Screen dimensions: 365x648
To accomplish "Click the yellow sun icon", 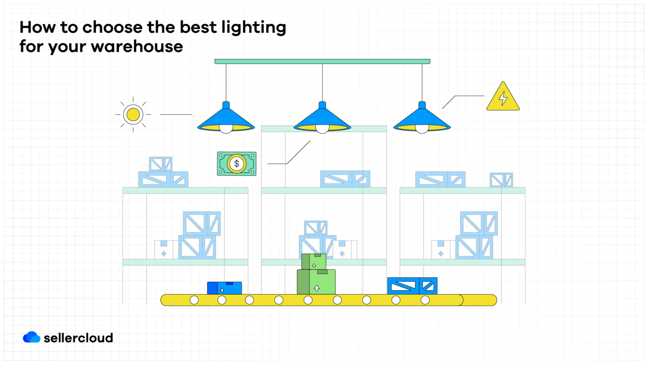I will (x=133, y=115).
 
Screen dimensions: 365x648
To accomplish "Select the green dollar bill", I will (x=237, y=163).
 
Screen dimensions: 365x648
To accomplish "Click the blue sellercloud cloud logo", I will (x=31, y=337).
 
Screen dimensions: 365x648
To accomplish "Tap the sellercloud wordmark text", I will (x=78, y=338).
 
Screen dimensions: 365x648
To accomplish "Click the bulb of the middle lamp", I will (x=322, y=128).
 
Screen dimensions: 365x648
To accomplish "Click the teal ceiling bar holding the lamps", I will (x=322, y=61).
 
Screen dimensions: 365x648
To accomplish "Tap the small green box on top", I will (x=314, y=262).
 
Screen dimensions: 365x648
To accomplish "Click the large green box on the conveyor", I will (x=316, y=282).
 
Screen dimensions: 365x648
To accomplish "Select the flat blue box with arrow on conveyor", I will (x=225, y=288).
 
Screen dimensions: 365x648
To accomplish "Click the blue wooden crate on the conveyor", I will (x=412, y=286).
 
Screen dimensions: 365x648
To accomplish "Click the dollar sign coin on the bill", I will (x=237, y=163).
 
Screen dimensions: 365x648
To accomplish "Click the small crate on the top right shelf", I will (x=501, y=180).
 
